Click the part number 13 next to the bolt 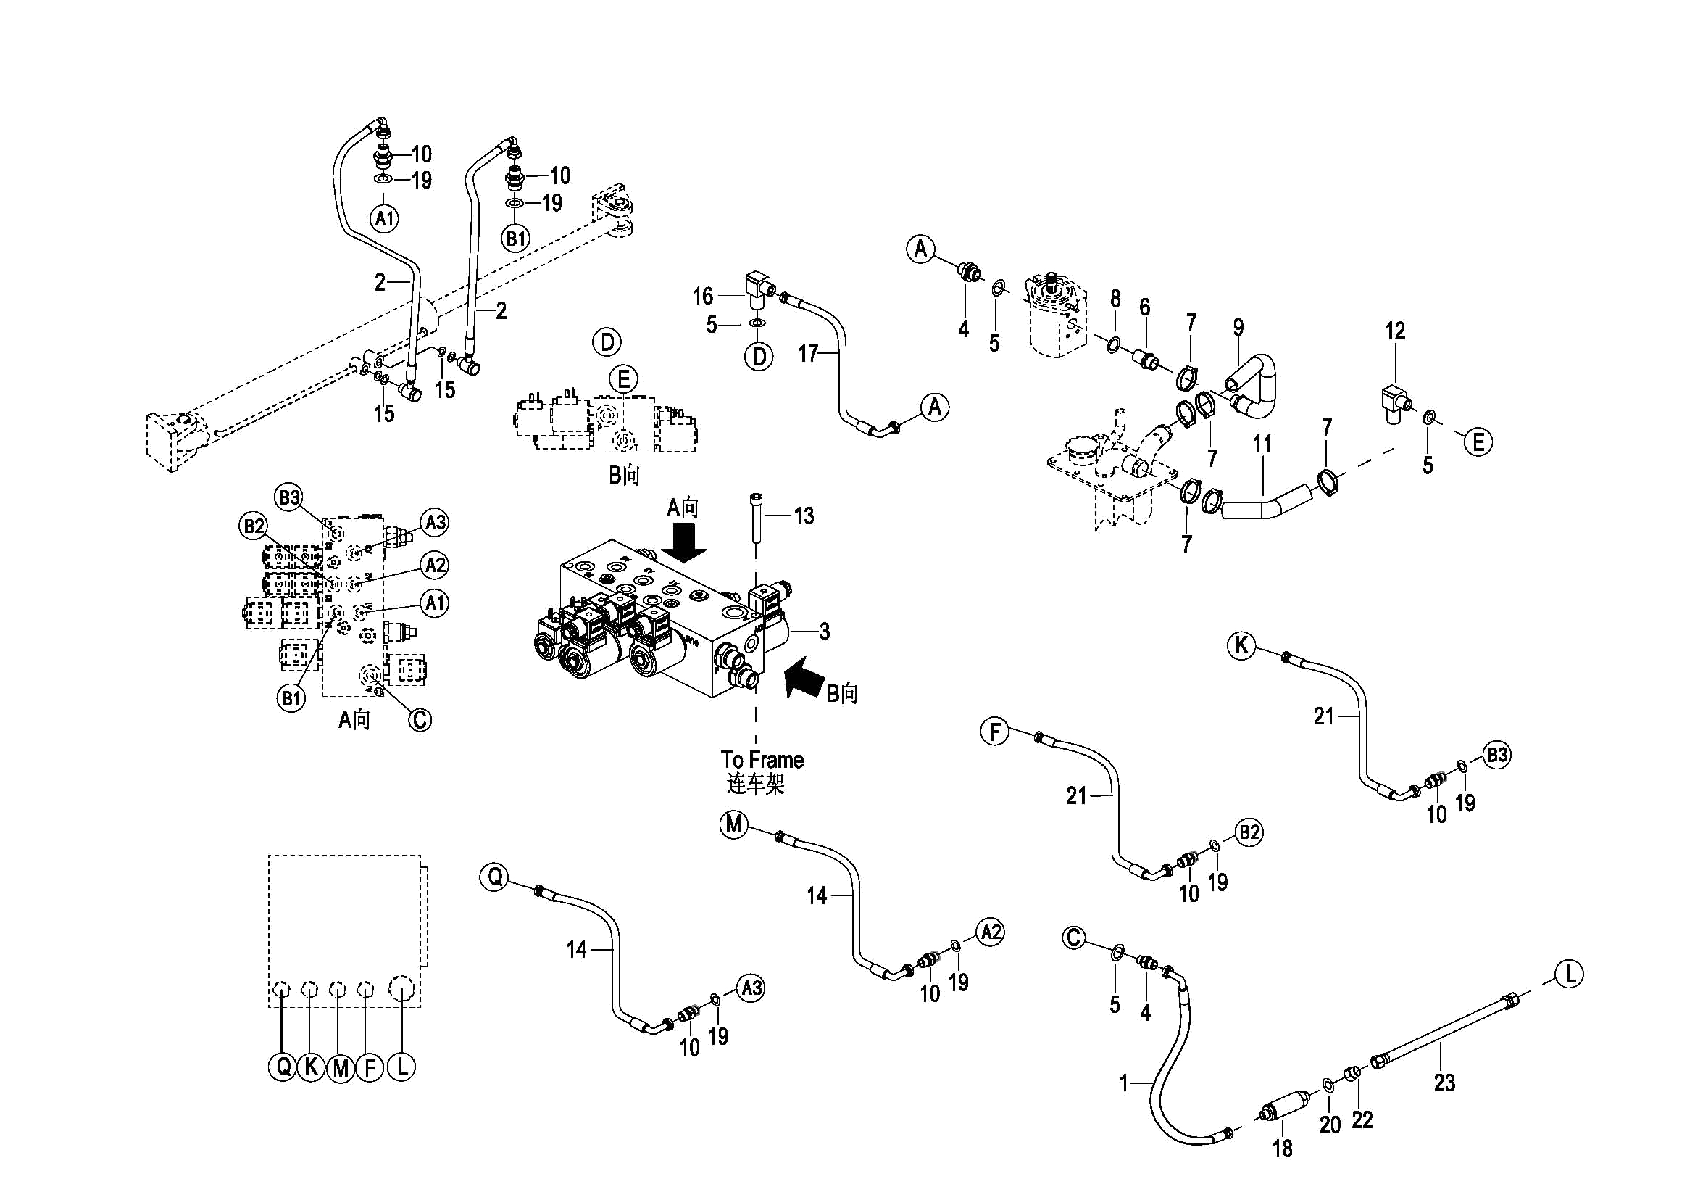click(804, 515)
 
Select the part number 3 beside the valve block click(824, 631)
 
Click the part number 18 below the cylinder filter click(1282, 1148)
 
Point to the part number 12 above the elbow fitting click(1394, 331)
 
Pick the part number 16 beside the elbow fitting click(702, 297)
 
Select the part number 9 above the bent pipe click(1238, 327)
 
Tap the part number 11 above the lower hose click(1262, 444)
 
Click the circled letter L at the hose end click(1569, 974)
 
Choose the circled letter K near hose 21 click(1241, 645)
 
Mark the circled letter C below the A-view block click(420, 719)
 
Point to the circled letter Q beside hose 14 click(494, 877)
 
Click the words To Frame click(762, 760)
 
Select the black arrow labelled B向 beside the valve click(804, 679)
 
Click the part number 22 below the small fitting click(1362, 1120)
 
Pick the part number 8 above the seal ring click(1115, 299)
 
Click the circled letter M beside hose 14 click(733, 824)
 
